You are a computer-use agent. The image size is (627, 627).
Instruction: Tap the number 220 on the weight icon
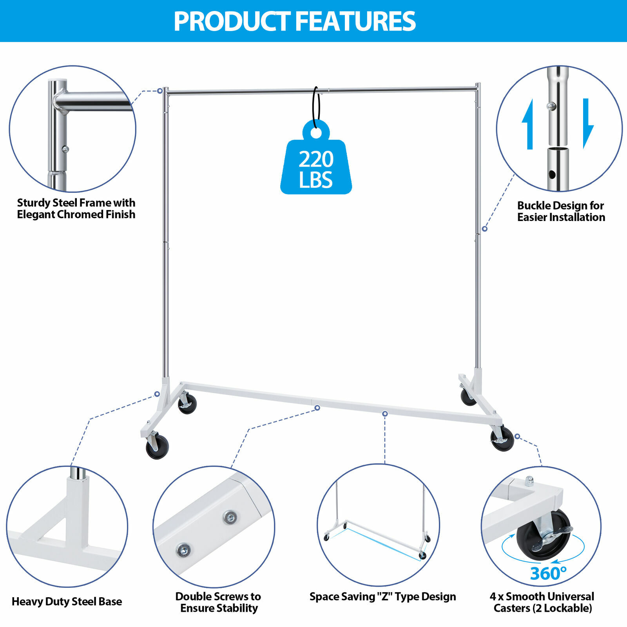(x=316, y=159)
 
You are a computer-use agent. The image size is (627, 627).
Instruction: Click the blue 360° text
(x=548, y=573)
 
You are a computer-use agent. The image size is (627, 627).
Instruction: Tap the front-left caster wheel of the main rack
(x=157, y=447)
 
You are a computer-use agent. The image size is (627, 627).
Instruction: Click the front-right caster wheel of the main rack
(x=502, y=439)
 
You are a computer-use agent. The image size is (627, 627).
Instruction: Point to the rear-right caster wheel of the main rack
(x=468, y=397)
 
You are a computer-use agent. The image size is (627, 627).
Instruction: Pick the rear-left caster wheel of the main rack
(x=187, y=403)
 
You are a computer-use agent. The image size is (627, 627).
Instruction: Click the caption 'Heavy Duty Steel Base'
(x=67, y=602)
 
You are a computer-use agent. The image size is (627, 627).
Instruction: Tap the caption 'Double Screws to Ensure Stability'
(x=218, y=602)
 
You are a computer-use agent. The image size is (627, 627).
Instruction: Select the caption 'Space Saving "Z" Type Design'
(x=382, y=597)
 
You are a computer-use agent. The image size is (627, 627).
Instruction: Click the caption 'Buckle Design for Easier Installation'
(x=561, y=211)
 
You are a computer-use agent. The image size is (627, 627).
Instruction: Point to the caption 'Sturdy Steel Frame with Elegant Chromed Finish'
(x=76, y=208)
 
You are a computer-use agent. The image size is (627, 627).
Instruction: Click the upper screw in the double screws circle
(x=230, y=517)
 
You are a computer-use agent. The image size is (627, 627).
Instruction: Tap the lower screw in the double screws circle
(x=183, y=550)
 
